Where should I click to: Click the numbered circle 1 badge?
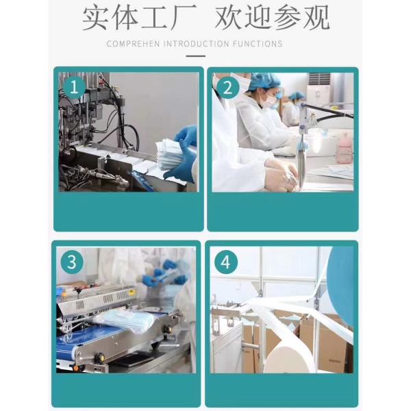(x=75, y=87)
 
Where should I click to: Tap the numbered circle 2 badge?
(x=229, y=87)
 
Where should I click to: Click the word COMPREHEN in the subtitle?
(x=134, y=44)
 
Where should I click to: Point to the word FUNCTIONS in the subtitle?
(x=258, y=44)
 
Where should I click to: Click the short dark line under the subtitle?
(x=195, y=57)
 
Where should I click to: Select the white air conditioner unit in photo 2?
(x=319, y=89)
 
